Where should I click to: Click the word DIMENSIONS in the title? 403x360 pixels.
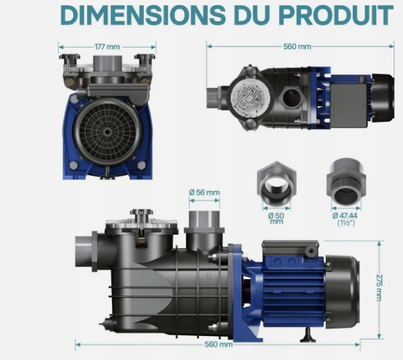143,15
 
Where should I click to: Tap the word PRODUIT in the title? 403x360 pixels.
336,15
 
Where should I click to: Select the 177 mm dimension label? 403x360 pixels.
107,47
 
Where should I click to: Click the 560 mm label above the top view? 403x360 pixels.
297,46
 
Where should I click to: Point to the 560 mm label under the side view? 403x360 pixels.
218,344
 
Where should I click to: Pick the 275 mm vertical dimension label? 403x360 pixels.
380,288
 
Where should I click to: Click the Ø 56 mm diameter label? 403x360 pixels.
204,192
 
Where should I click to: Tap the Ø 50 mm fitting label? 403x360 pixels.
276,218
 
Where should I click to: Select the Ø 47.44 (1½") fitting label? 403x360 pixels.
346,219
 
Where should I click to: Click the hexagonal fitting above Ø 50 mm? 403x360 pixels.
276,184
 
